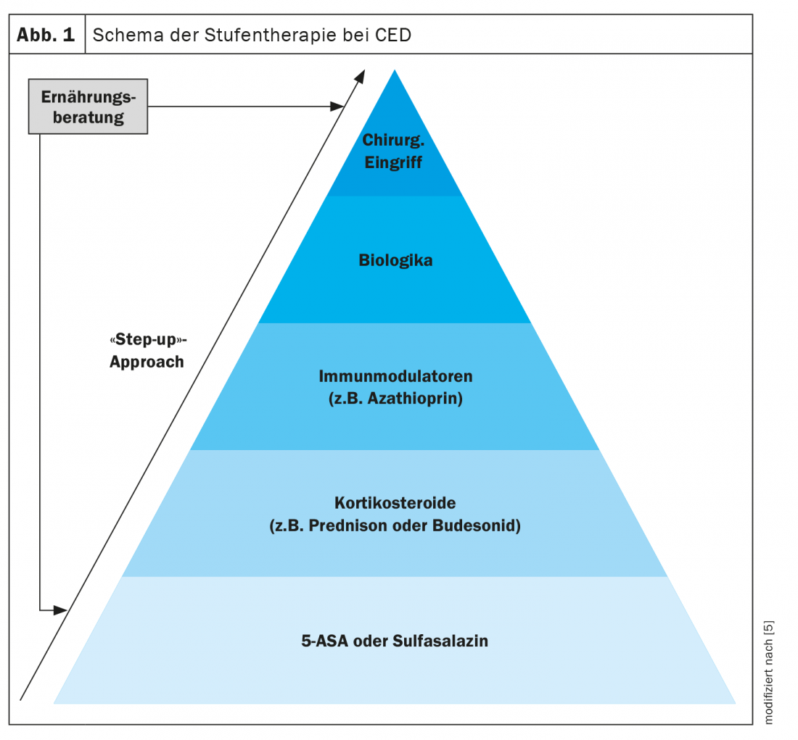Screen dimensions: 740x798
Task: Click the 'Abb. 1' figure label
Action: click(46, 35)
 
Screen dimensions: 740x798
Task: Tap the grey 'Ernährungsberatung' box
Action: click(88, 107)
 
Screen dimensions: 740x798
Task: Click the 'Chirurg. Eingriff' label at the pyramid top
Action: click(393, 151)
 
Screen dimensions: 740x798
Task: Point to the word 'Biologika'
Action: click(395, 259)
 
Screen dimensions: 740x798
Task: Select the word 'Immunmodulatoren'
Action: click(395, 376)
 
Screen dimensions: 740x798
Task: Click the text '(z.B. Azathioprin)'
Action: click(395, 398)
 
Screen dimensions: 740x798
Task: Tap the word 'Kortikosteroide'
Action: click(395, 502)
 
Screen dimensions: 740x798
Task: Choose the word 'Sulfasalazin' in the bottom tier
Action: click(440, 641)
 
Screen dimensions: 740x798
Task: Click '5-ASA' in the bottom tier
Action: click(323, 641)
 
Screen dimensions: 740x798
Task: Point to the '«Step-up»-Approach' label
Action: click(147, 350)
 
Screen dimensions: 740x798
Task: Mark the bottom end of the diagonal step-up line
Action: click(22, 699)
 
